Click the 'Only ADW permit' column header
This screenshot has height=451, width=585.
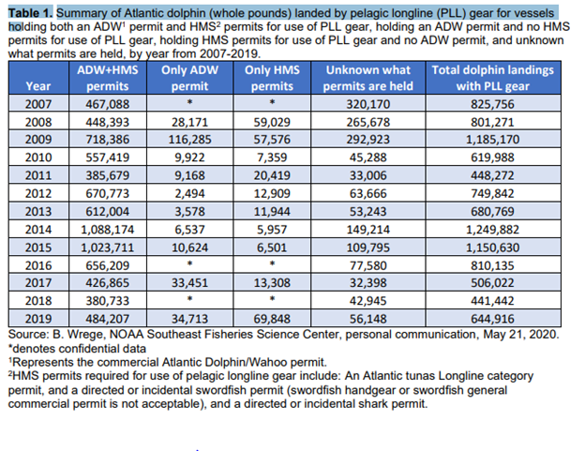[x=189, y=78]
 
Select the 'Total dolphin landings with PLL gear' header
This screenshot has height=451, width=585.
[x=492, y=78]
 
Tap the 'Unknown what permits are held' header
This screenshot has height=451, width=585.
[x=367, y=78]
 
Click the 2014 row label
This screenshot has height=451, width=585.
[x=38, y=230]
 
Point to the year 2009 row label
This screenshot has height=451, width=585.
[x=38, y=139]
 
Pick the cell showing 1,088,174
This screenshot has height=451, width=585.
[x=108, y=230]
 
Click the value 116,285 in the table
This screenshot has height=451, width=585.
[x=189, y=139]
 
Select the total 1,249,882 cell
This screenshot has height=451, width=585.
[x=492, y=230]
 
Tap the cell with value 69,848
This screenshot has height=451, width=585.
[x=272, y=319]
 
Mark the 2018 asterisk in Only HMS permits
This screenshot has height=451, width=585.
[x=273, y=299]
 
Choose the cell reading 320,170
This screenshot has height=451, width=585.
[x=367, y=104]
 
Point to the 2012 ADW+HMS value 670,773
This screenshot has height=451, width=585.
[x=108, y=193]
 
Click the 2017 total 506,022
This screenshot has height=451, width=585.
[x=492, y=283]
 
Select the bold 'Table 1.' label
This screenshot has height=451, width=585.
[x=31, y=13]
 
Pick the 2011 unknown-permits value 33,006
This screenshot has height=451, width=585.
[x=367, y=175]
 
